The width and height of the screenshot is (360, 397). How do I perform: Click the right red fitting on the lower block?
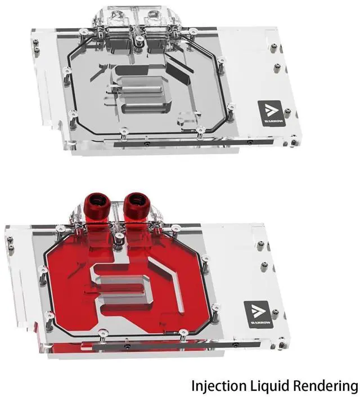pyautogui.click(x=136, y=203)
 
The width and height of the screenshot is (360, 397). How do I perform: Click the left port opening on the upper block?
pyautogui.click(x=118, y=17)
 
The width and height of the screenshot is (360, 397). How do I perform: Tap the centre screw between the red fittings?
pyautogui.click(x=118, y=237)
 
